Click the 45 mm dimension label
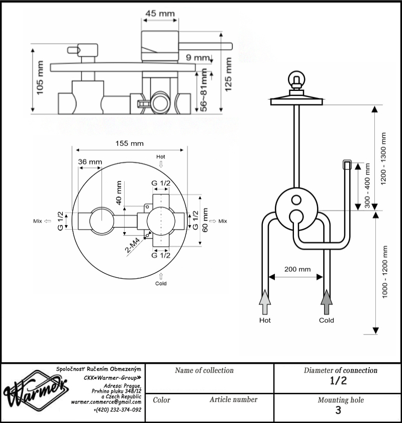pos(160,13)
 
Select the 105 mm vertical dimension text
pos(40,78)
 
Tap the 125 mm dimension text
pos(228,74)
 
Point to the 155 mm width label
pos(130,143)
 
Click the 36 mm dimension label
pos(90,162)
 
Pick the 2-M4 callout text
pos(133,245)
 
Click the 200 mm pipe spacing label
pos(297,269)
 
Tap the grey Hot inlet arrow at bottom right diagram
pos(265,302)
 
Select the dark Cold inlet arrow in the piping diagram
pos(327,302)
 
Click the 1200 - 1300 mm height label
pos(383,158)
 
